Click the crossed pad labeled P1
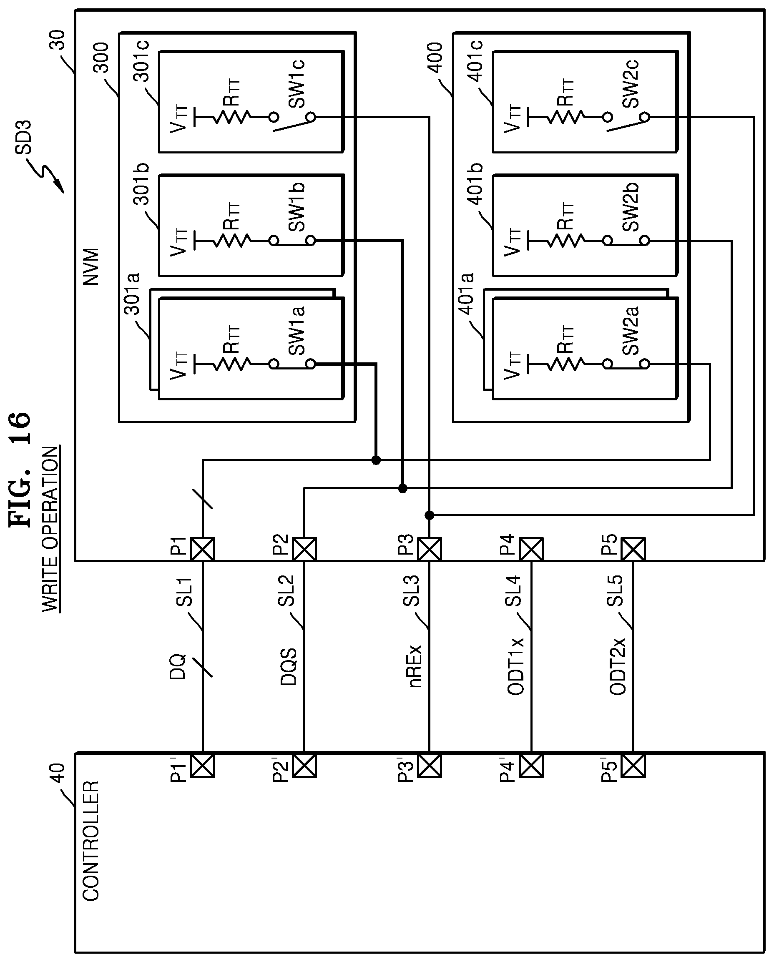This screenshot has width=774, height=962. (203, 549)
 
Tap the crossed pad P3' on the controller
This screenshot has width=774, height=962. (429, 766)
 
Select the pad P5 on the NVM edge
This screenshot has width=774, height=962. (633, 549)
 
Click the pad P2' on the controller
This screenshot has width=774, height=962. (304, 766)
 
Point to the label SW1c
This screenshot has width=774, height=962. (296, 84)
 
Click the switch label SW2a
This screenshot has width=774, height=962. (631, 331)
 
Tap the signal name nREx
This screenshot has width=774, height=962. (415, 666)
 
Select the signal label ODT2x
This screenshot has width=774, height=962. (618, 667)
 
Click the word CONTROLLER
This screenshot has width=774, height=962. (90, 841)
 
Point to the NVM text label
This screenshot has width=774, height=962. (90, 267)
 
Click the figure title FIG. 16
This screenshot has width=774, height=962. (20, 469)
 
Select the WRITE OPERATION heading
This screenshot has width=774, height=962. (50, 529)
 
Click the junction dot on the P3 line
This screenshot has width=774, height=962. (429, 515)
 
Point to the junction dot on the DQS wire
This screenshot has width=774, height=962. (402, 488)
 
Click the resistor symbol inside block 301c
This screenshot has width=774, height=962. (232, 117)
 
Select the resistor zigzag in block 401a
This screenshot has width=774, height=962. (565, 364)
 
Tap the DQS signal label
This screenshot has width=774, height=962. (289, 667)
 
